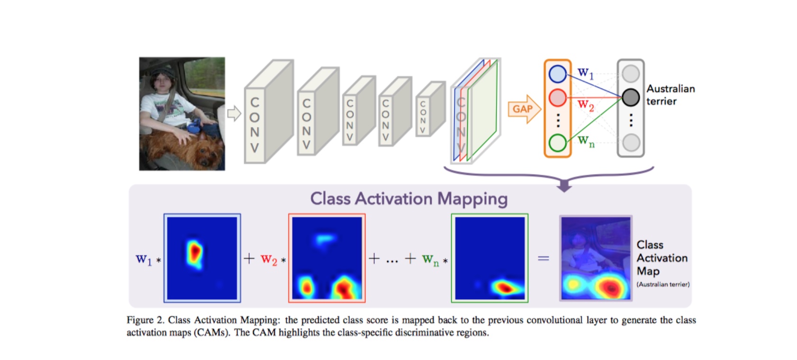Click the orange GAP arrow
pos(524,109)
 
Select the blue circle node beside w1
pos(557,74)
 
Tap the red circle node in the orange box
pos(557,98)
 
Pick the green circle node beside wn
pos(557,142)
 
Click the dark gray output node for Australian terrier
pos(631,98)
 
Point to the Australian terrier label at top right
pos(670,95)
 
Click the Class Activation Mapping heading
pos(408,198)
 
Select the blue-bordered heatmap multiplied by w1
pos(202,258)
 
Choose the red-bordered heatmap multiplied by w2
pos(326,258)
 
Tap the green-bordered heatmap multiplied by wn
pos(489,258)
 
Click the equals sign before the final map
pos(543,259)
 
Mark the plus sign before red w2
pos(249,259)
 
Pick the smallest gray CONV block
pos(429,110)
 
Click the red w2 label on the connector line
pos(586,105)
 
